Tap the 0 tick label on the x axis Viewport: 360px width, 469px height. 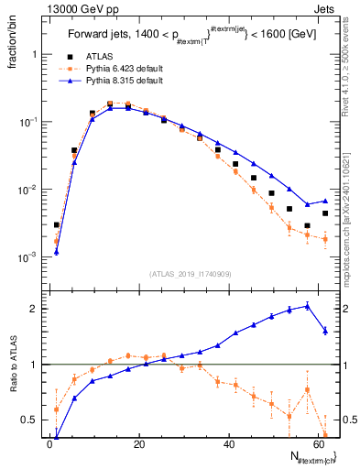pyautogui.click(x=49, y=444)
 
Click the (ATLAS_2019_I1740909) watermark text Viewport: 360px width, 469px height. pyautogui.click(x=191, y=273)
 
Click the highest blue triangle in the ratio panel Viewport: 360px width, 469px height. pyautogui.click(x=307, y=305)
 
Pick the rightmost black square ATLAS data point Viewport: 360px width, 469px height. pyautogui.click(x=325, y=213)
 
